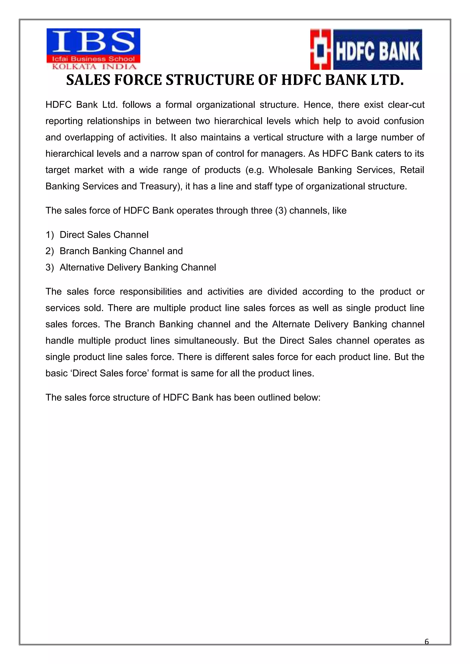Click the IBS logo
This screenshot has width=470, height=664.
tap(93, 49)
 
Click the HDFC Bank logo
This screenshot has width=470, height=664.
tap(366, 49)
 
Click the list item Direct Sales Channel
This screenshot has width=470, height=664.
tap(104, 235)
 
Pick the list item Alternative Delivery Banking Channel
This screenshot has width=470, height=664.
tap(138, 267)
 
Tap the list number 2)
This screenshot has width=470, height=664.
tap(50, 251)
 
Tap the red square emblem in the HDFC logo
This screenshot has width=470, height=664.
tap(320, 49)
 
